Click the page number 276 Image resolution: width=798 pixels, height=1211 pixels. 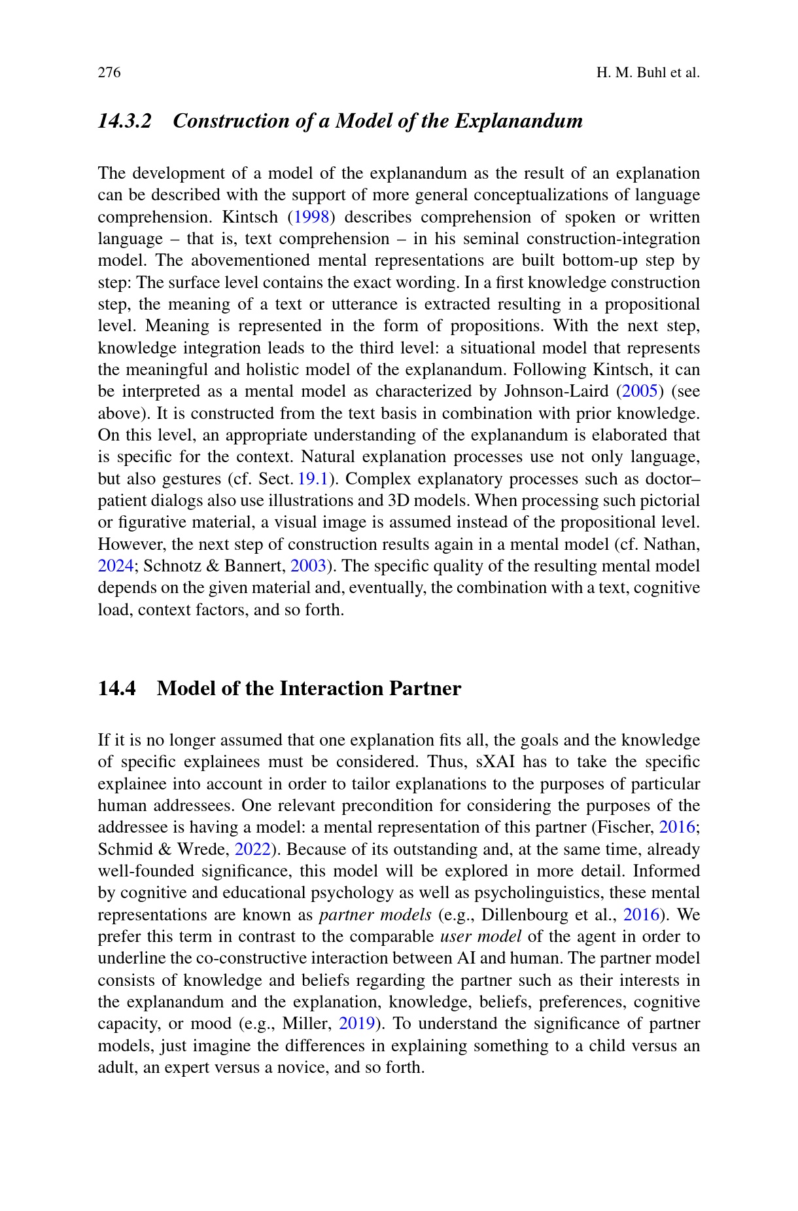click(109, 72)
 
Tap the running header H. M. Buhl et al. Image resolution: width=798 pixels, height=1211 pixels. click(648, 72)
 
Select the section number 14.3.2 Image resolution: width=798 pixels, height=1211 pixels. click(124, 121)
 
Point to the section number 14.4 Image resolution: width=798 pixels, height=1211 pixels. click(117, 689)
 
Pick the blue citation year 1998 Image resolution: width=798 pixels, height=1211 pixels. click(311, 217)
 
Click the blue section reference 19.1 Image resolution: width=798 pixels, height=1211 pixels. click(312, 479)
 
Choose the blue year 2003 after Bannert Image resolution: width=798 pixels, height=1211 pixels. click(307, 566)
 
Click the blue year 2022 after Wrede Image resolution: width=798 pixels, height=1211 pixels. click(252, 850)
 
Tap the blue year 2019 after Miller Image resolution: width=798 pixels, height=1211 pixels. click(356, 1024)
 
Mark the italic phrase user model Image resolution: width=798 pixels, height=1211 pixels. click(481, 937)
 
